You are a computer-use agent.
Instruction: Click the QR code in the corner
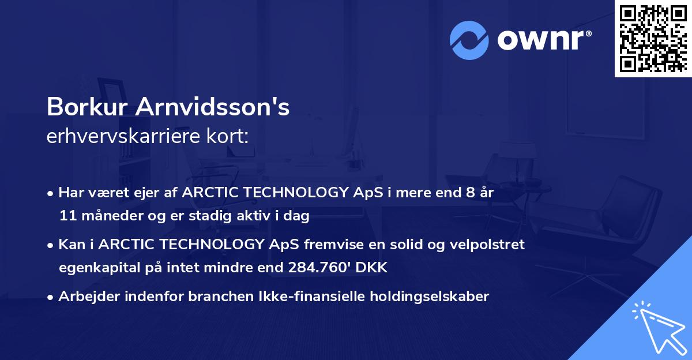653,39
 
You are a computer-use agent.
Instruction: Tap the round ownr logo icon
469,40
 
